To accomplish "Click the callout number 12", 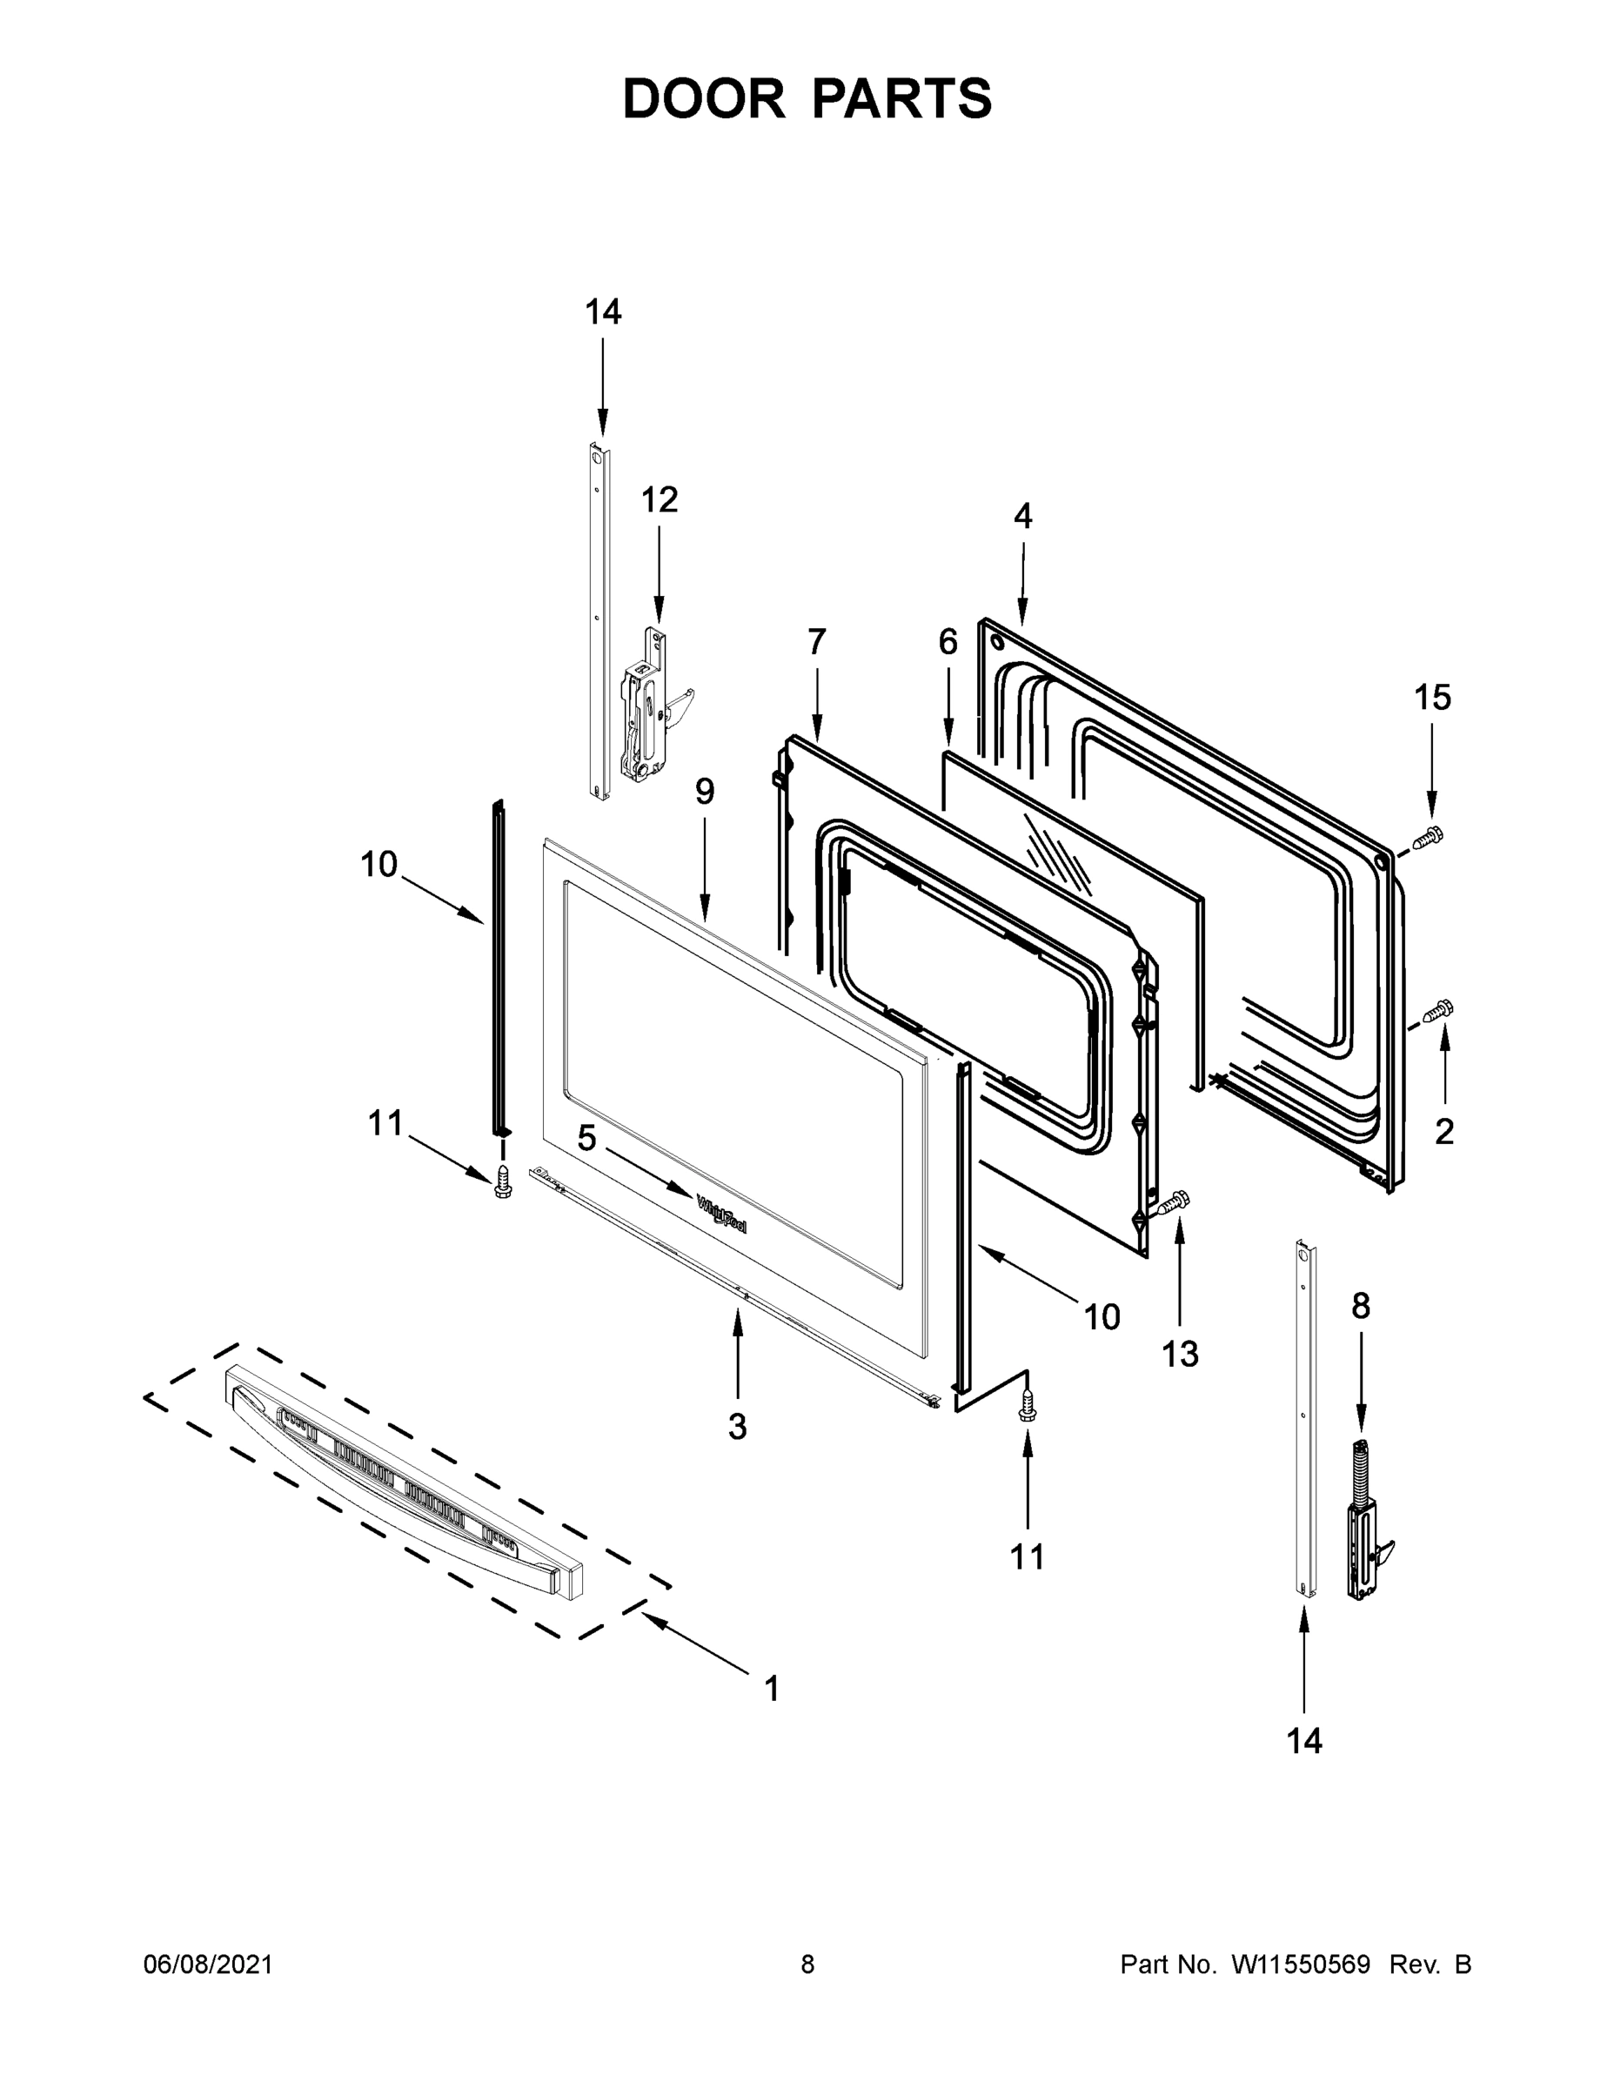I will pyautogui.click(x=659, y=499).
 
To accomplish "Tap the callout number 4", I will pyautogui.click(x=1022, y=516).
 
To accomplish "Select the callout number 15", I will pyautogui.click(x=1432, y=698).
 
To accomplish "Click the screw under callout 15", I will pyautogui.click(x=1428, y=838).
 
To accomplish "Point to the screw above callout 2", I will pyautogui.click(x=1437, y=1009).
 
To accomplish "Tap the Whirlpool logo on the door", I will pyautogui.click(x=722, y=1215).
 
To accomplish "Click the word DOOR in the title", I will pyautogui.click(x=703, y=99).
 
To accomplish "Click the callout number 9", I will pyautogui.click(x=704, y=792).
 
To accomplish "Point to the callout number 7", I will pyautogui.click(x=815, y=641).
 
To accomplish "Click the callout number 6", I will pyautogui.click(x=947, y=641).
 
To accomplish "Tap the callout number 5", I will pyautogui.click(x=586, y=1138).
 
